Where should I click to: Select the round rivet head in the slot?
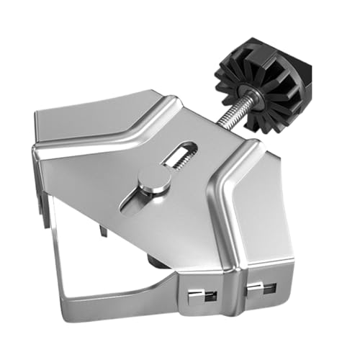[154, 179]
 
